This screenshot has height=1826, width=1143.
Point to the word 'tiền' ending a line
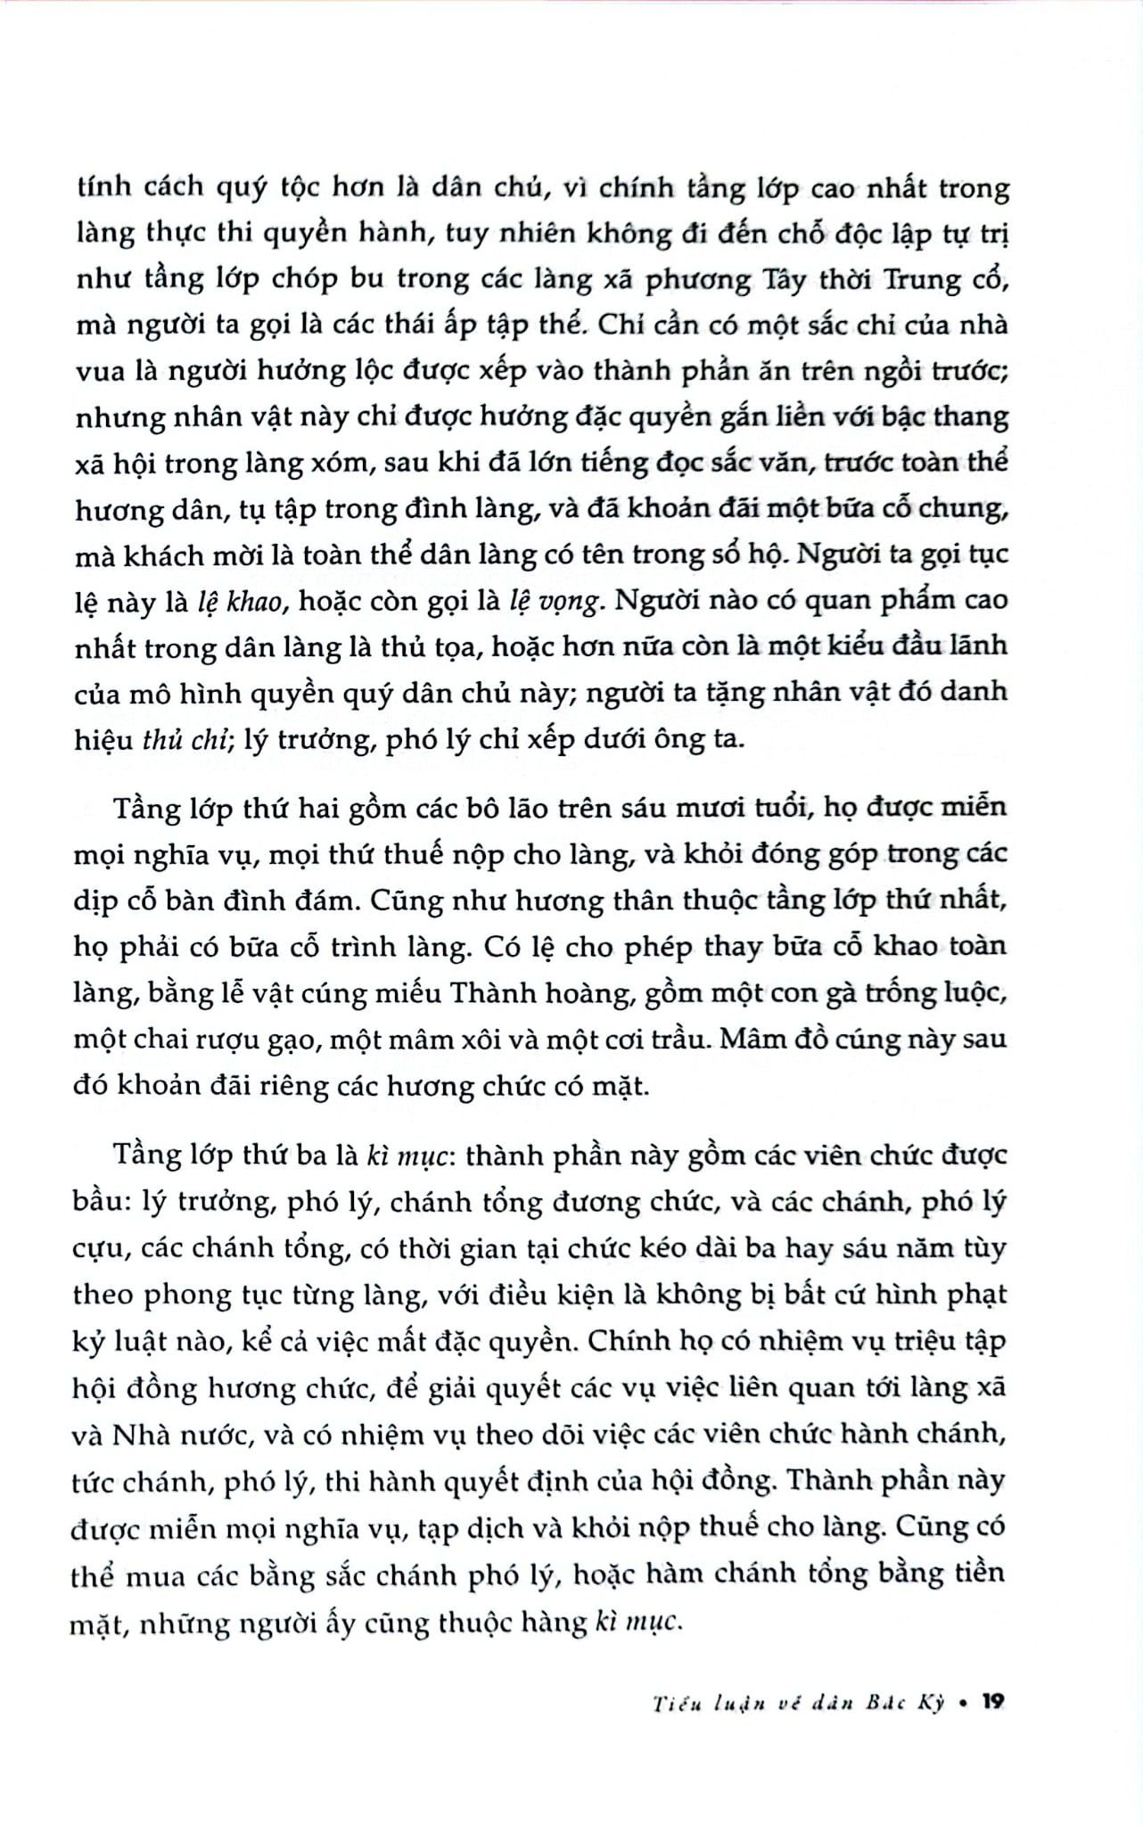pos(977,1571)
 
